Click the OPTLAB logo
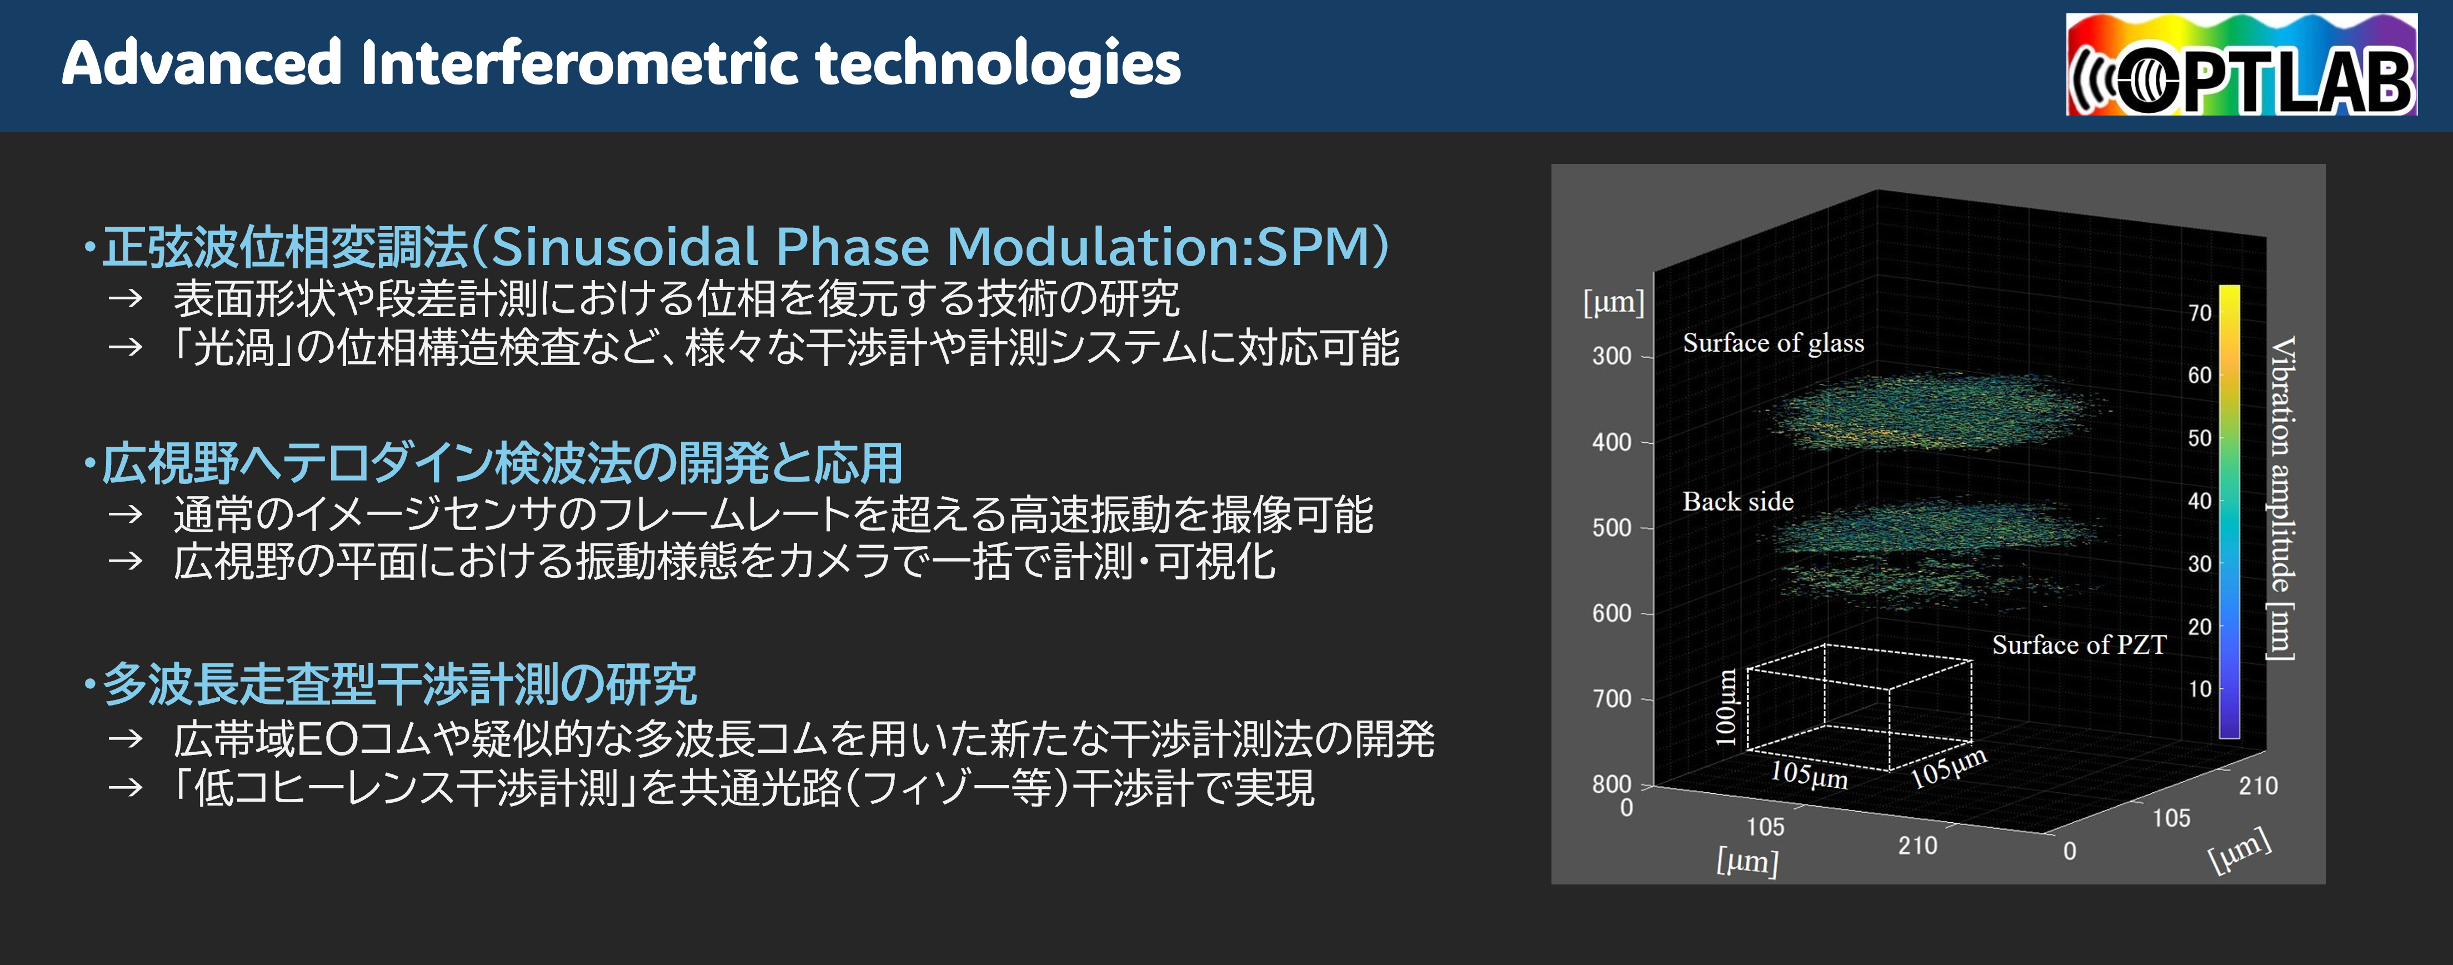(2241, 65)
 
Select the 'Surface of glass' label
(1773, 343)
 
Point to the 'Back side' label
(1738, 502)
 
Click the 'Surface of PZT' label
(2078, 645)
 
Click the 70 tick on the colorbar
(2200, 313)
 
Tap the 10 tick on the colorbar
(2200, 689)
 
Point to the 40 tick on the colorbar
(2200, 501)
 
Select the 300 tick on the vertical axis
(1611, 356)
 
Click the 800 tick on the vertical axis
(1611, 784)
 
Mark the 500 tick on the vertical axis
(1611, 528)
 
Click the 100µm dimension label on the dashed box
(1725, 707)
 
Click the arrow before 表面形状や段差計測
(125, 299)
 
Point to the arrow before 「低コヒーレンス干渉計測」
(125, 788)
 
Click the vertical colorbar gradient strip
(2229, 512)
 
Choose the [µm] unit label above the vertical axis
(1613, 303)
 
